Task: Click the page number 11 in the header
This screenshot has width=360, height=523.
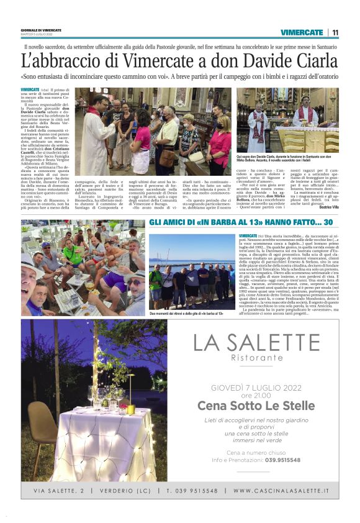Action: click(335, 32)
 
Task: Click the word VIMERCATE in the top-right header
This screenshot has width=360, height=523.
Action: click(302, 32)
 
